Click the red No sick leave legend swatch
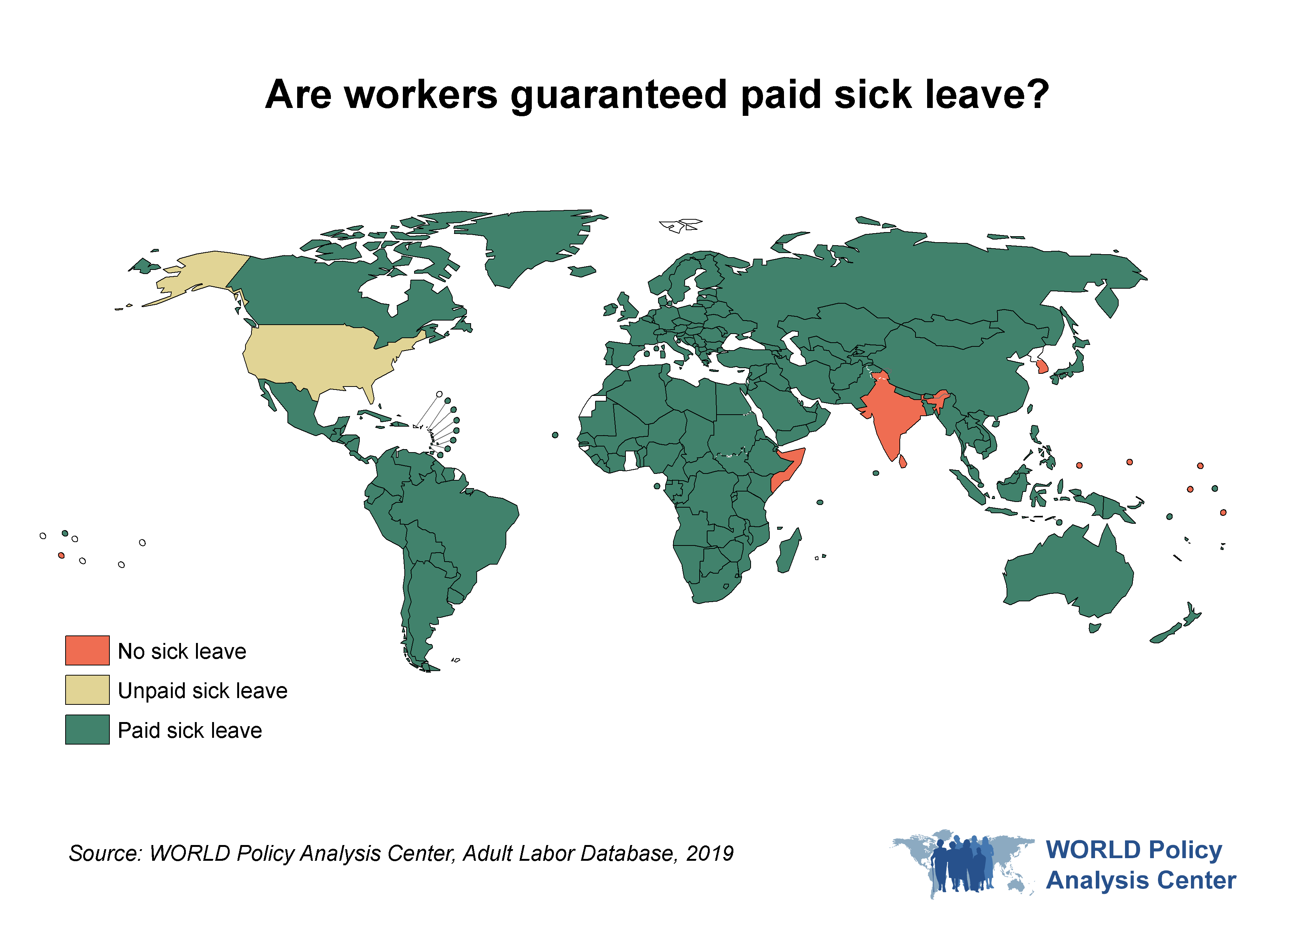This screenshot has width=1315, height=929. [x=87, y=650]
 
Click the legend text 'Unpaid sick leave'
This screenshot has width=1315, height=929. [x=202, y=691]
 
